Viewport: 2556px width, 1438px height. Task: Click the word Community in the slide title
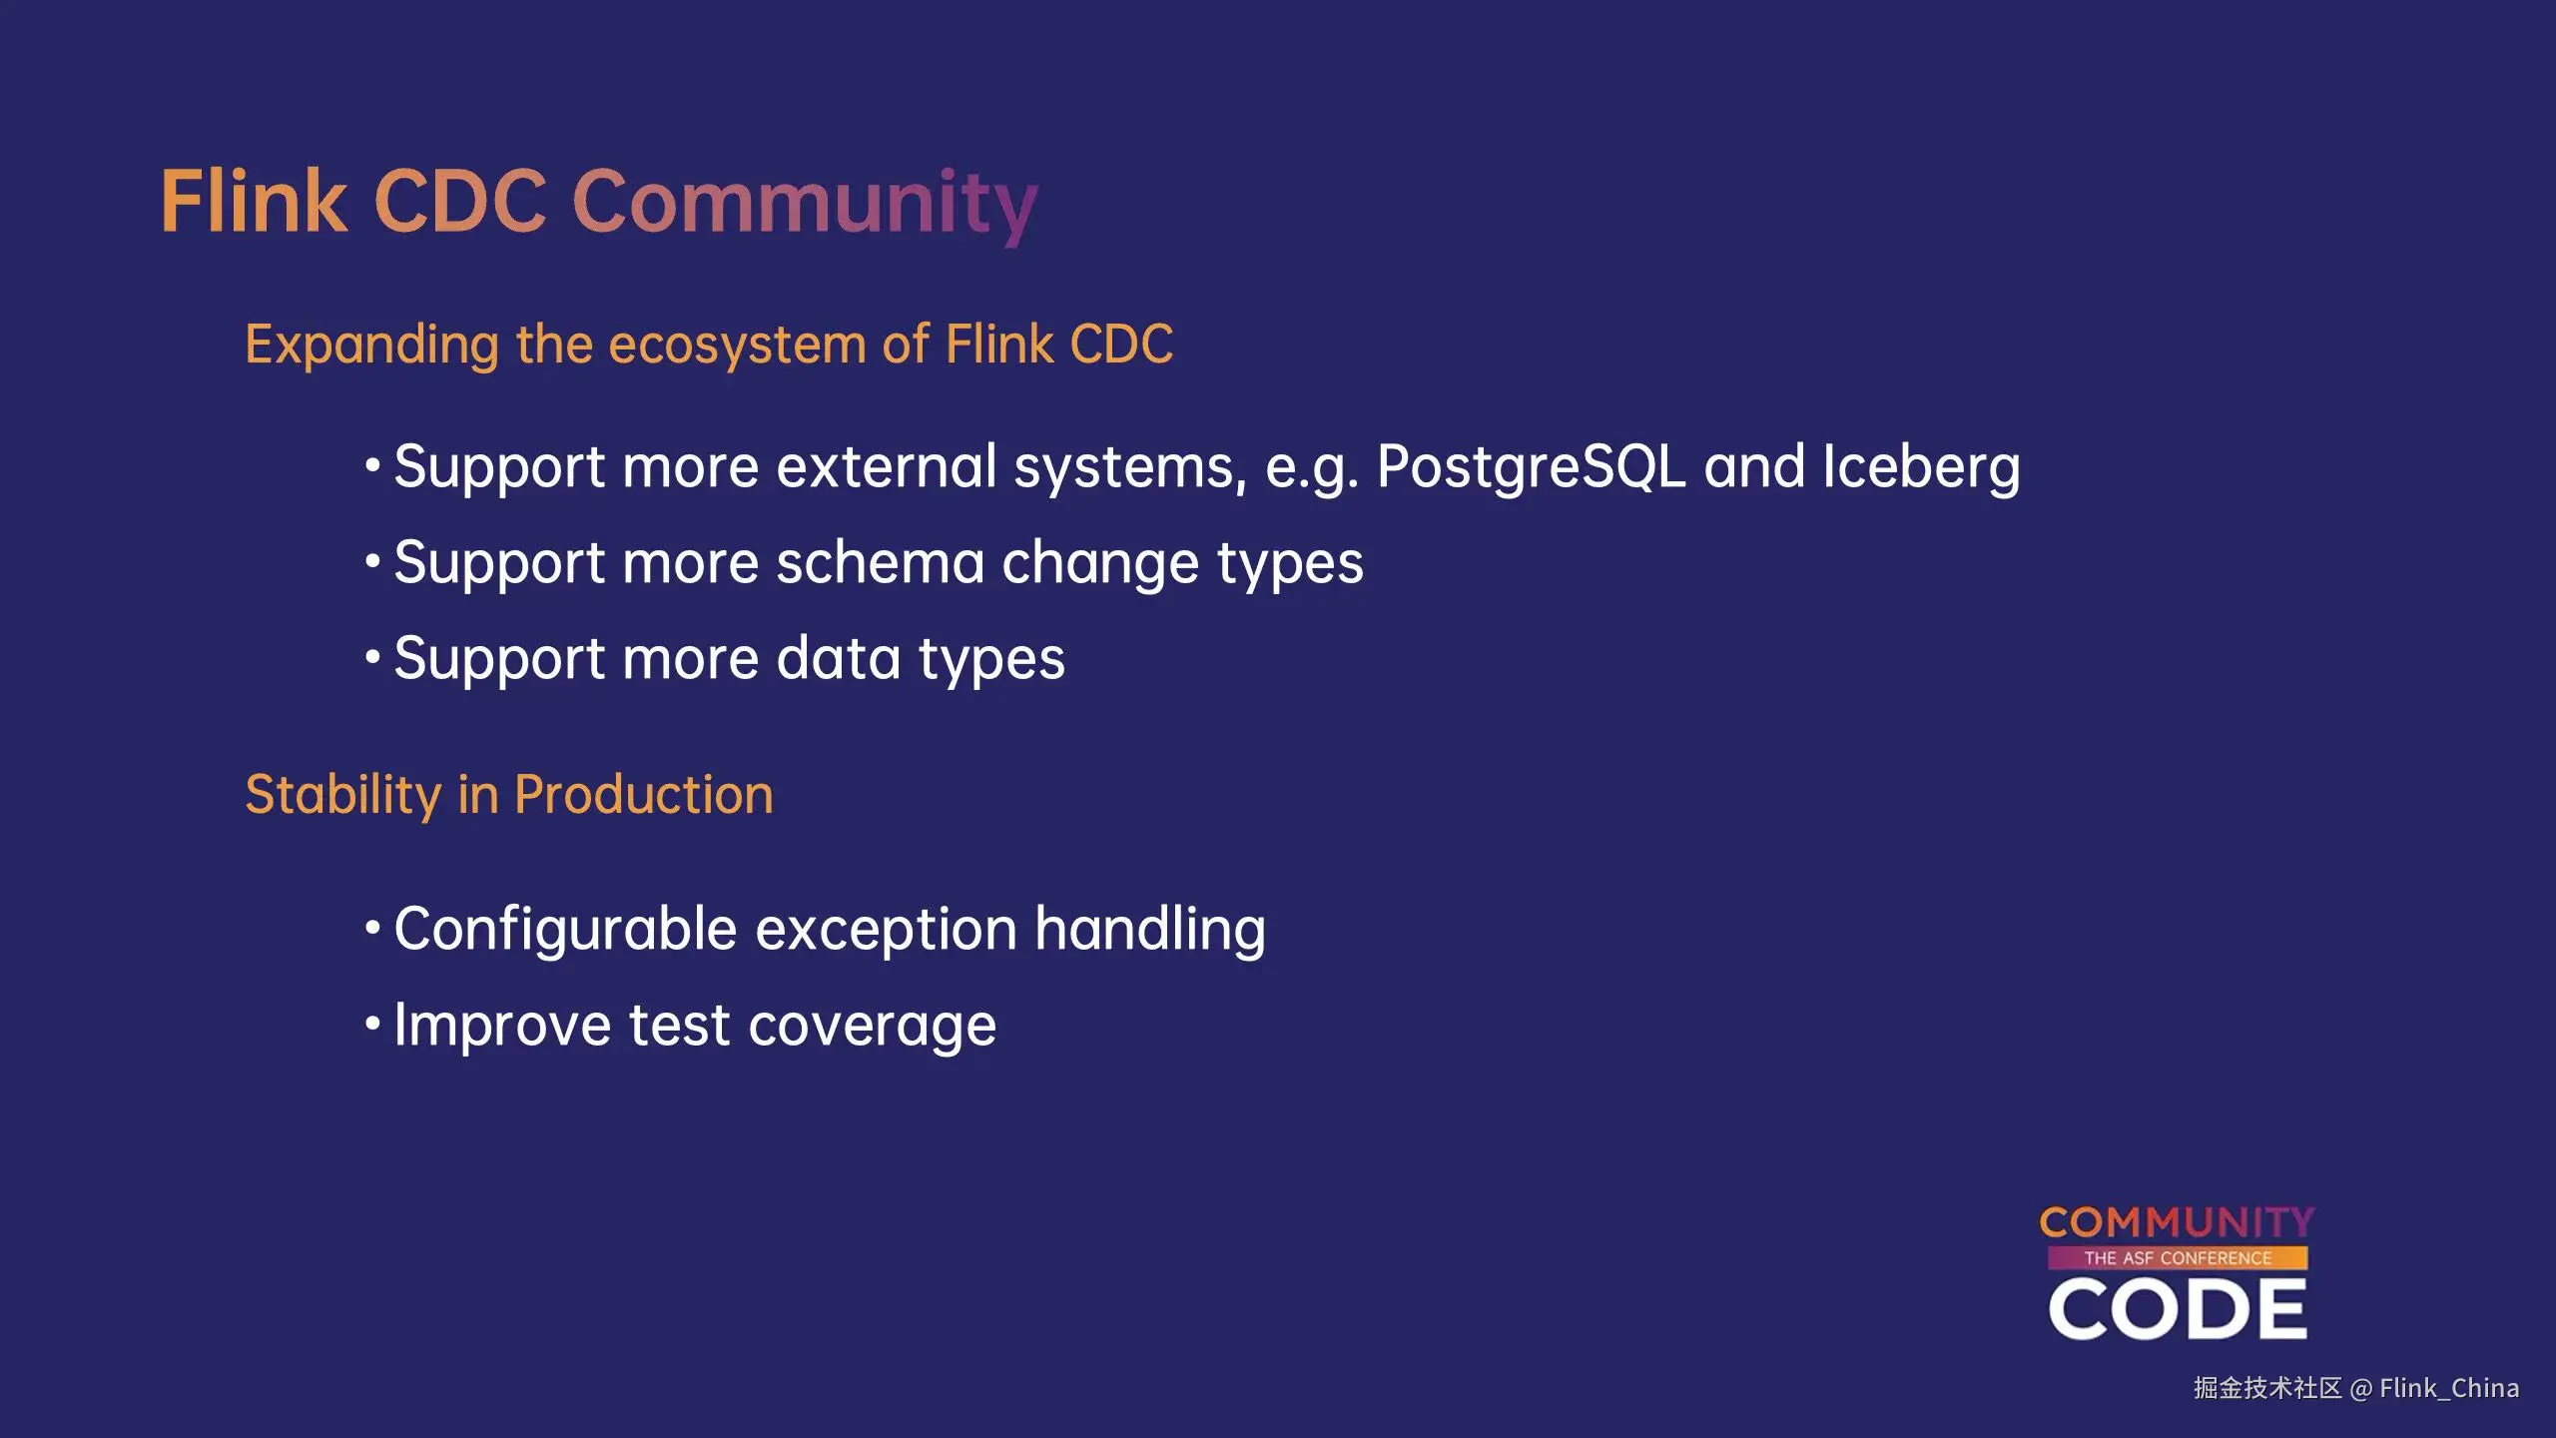(x=805, y=206)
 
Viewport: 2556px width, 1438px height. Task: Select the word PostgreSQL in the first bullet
(x=1532, y=468)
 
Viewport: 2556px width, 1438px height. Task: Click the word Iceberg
(x=1921, y=468)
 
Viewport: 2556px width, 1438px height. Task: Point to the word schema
(x=881, y=561)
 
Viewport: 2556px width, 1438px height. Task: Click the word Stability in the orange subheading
(x=343, y=796)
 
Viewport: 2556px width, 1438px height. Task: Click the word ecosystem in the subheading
(x=737, y=346)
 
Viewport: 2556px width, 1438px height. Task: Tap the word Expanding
(x=371, y=346)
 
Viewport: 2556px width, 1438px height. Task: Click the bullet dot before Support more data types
(x=372, y=657)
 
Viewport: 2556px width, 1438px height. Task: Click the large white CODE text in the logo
(x=2178, y=1309)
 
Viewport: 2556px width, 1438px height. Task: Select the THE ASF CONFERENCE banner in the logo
(x=2178, y=1258)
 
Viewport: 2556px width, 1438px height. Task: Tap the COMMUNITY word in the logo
(x=2177, y=1222)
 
